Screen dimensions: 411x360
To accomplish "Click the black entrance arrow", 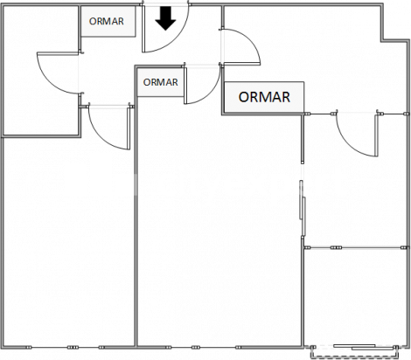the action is click(165, 18).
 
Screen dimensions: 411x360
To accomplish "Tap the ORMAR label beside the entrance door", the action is click(107, 21).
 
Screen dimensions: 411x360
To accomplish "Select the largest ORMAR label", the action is click(264, 97).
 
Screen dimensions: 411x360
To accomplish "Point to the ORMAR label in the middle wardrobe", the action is click(160, 82).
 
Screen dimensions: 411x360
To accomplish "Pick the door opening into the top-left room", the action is click(49, 79).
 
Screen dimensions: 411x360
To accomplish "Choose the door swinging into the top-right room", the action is click(248, 41).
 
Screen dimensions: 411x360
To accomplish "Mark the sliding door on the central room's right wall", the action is click(303, 208).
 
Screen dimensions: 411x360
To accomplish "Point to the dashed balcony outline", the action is click(354, 357).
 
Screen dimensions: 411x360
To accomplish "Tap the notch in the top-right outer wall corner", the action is click(382, 40).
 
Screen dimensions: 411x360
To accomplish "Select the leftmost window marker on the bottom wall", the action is click(28, 347).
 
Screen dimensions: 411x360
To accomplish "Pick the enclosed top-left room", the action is click(41, 70).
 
